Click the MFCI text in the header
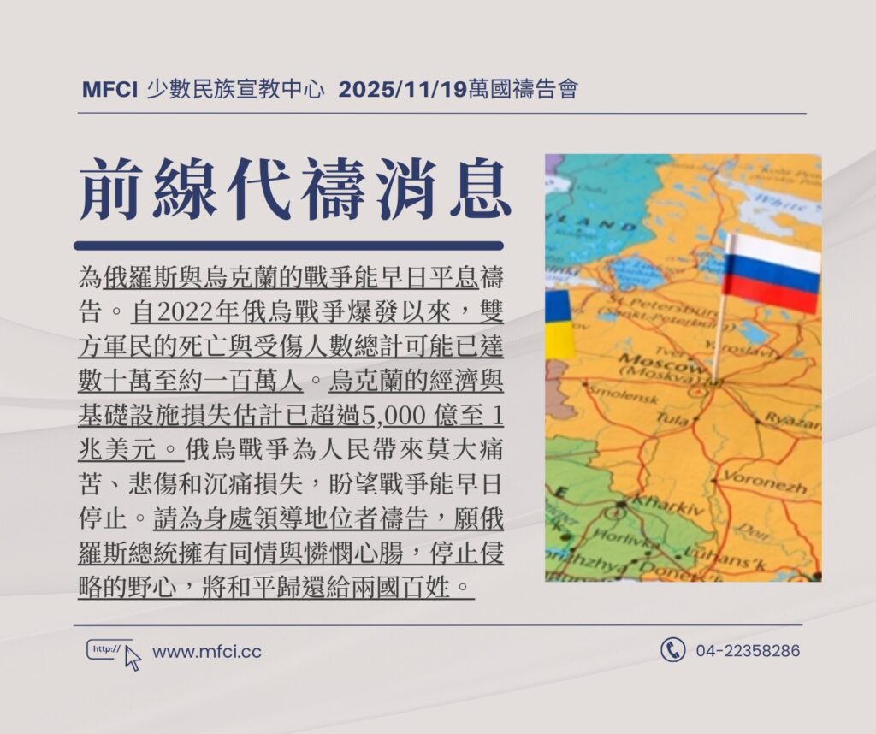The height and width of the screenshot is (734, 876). click(x=109, y=89)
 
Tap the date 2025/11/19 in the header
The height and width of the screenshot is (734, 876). click(x=402, y=89)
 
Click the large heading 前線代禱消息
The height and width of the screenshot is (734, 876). click(x=295, y=188)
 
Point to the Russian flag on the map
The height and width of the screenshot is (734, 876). click(x=771, y=273)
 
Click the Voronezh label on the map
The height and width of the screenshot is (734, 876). click(x=765, y=482)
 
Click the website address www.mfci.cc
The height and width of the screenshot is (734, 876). click(x=207, y=652)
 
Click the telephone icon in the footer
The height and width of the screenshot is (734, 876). click(x=672, y=649)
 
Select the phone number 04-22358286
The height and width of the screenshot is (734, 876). click(x=748, y=651)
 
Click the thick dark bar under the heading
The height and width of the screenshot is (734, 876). click(x=289, y=246)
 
